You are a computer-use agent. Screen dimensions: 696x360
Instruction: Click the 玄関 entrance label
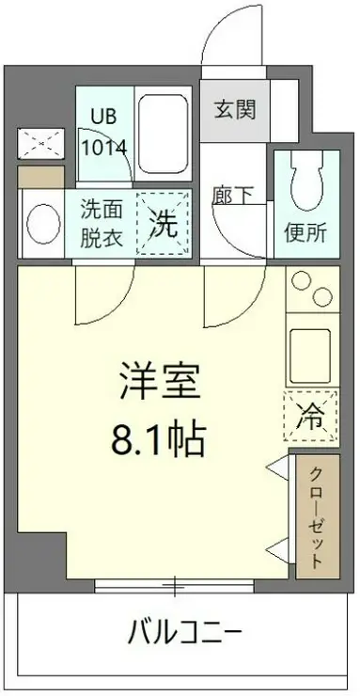[232, 111]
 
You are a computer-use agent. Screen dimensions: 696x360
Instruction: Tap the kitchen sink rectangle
[310, 349]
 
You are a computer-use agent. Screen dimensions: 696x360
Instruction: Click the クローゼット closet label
[317, 514]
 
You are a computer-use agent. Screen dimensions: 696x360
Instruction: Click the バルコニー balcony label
[185, 632]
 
